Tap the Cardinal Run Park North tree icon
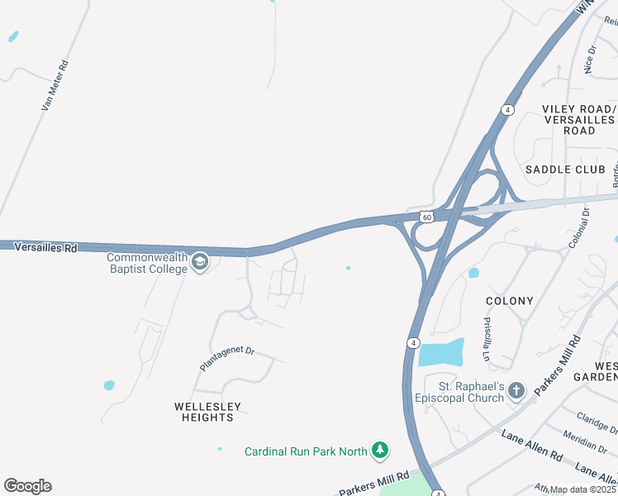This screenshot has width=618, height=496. (379, 451)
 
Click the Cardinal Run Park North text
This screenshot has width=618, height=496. (306, 451)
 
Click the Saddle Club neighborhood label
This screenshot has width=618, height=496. (559, 169)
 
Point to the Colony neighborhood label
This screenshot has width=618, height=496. (510, 301)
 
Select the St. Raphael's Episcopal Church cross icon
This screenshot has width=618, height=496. (516, 390)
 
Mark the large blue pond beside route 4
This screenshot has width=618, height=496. (440, 353)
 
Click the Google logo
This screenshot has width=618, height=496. (28, 486)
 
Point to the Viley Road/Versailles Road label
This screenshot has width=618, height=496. (579, 120)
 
